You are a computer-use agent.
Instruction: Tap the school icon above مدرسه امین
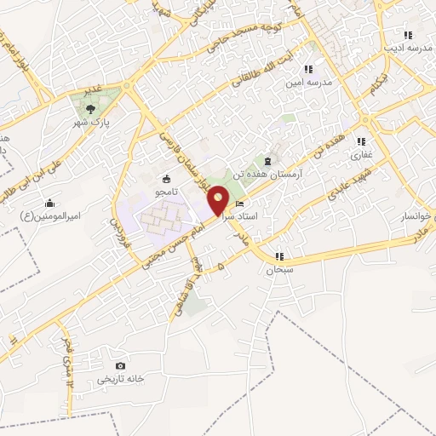click(x=308, y=69)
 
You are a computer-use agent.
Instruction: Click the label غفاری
click(x=361, y=156)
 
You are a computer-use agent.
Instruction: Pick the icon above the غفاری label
click(x=361, y=141)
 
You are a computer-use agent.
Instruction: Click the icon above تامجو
click(x=165, y=180)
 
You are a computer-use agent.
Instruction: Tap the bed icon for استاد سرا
click(x=239, y=205)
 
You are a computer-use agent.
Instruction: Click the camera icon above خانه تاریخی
click(x=120, y=365)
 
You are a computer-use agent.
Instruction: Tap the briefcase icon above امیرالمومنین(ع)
click(x=50, y=203)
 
